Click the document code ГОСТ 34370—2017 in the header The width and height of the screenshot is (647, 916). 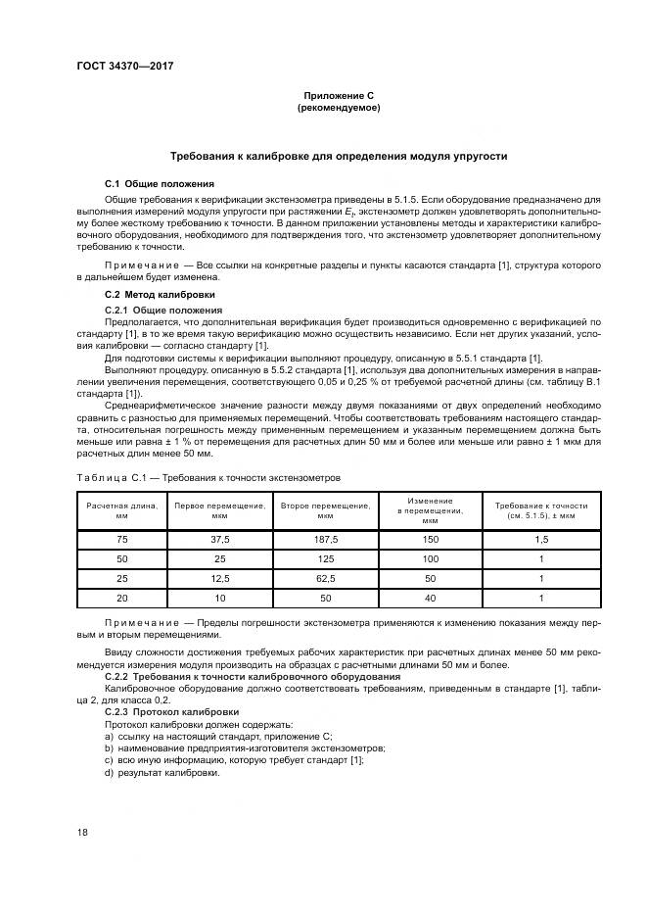[117, 68]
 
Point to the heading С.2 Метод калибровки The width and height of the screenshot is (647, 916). [161, 295]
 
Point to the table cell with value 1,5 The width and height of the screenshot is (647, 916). [540, 540]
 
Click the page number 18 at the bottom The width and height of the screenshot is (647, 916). [83, 832]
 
